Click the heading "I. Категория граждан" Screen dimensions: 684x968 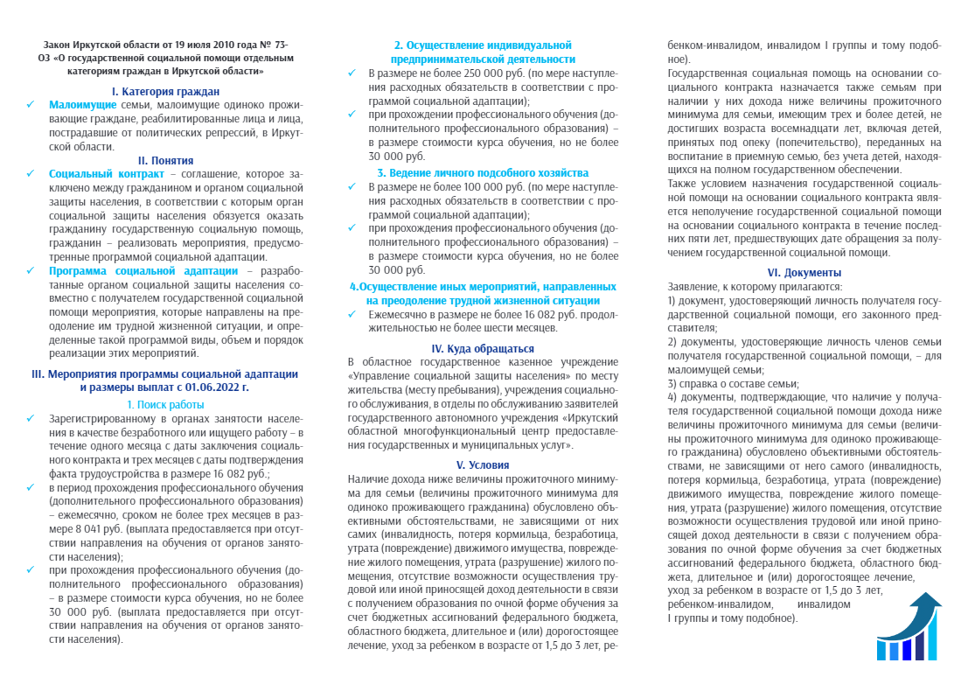click(165, 91)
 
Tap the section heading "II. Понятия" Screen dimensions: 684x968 click(165, 160)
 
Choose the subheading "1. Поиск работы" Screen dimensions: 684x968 click(165, 404)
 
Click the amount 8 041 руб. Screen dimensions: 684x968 click(89, 528)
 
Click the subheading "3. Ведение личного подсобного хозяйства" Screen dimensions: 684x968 click(483, 173)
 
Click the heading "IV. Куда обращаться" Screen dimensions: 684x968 click(483, 348)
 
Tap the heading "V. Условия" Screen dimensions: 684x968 click(483, 464)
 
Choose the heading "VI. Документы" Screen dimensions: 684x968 click(804, 272)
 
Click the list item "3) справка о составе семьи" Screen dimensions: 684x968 click(734, 383)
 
